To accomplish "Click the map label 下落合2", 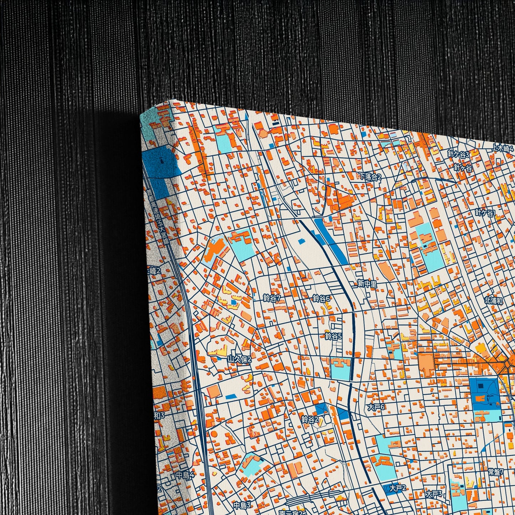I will point(370,176).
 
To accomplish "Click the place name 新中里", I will point(367,284).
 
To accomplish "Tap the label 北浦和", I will point(494,300).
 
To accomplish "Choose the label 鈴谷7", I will point(272,298).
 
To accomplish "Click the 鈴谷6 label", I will point(321,298).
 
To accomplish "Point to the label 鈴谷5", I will point(333,336).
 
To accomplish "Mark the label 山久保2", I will point(240,359).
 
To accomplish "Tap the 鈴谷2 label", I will point(310,419).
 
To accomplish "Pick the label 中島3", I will point(242,505).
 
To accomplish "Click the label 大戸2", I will point(398,488).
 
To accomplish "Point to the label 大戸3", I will point(434,494).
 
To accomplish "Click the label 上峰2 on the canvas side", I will point(154,271).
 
